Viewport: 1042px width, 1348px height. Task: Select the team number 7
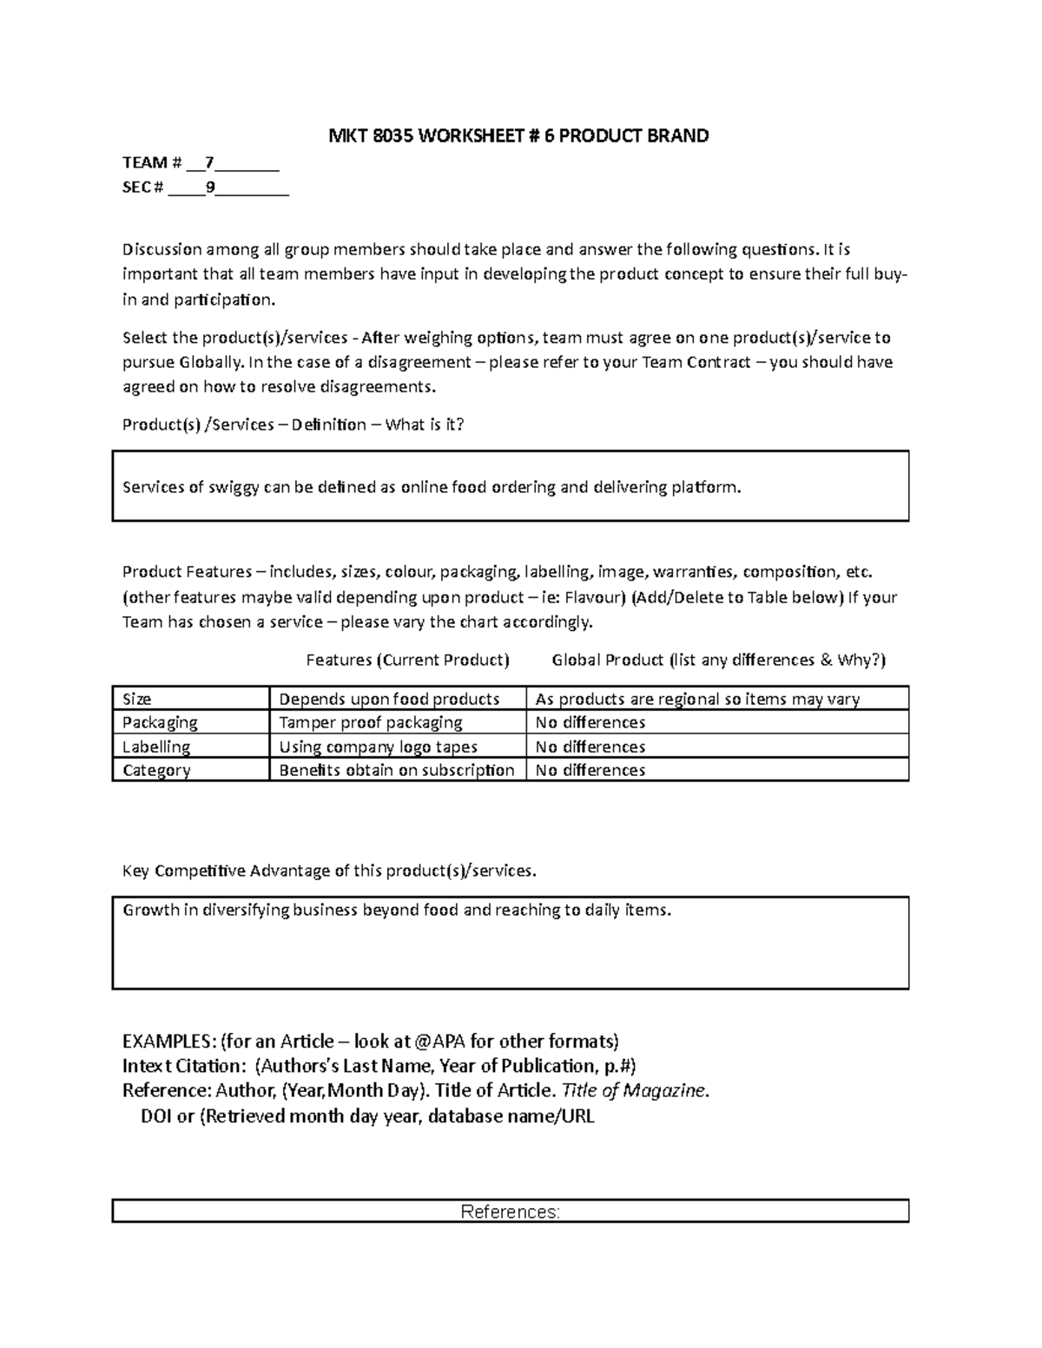208,162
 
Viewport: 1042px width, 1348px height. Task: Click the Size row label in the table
137,699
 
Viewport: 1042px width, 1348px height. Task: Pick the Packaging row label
160,722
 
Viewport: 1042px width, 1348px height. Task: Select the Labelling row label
156,746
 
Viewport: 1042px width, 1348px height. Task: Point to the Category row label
156,770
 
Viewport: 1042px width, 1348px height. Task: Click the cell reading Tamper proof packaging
370,722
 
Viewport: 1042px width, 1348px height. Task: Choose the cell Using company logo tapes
378,746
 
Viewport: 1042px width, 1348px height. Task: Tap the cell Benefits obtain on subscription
396,770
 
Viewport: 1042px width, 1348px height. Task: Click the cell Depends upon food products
389,699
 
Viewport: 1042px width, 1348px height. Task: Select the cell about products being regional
697,699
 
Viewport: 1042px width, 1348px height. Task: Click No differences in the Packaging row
590,722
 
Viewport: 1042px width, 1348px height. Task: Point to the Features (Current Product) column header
407,660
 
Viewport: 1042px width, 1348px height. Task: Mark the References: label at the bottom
510,1212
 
